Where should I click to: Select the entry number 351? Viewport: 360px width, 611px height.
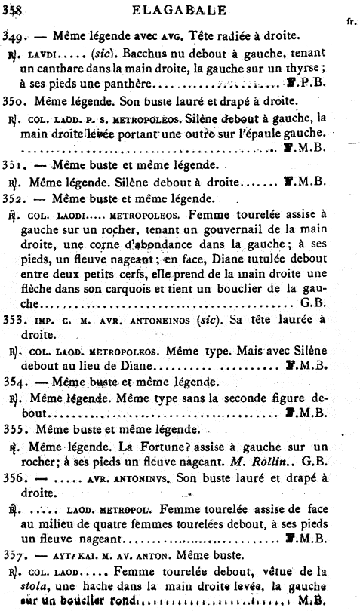(x=14, y=165)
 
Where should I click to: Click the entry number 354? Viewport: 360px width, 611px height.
(x=14, y=382)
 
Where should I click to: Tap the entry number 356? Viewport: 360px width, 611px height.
(x=14, y=478)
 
